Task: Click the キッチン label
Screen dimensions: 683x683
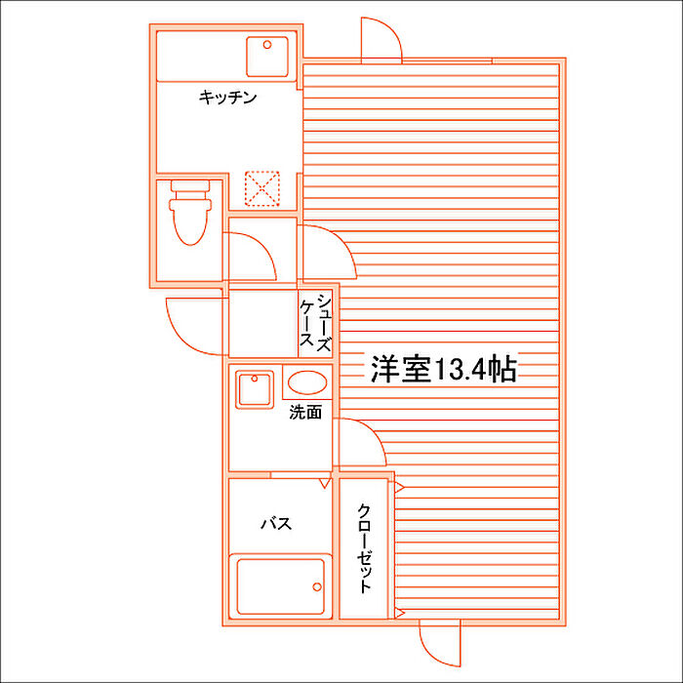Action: (227, 98)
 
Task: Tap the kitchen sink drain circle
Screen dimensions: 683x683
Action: (267, 45)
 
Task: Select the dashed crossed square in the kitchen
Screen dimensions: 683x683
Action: (261, 188)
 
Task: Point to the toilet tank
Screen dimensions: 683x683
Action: (190, 185)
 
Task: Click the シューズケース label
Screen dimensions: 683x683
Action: (315, 322)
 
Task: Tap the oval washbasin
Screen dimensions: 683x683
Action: (307, 382)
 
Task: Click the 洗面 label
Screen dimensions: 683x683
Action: (305, 412)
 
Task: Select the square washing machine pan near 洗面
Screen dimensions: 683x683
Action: (255, 389)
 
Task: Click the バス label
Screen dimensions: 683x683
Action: (276, 523)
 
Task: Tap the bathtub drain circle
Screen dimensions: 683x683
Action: (317, 586)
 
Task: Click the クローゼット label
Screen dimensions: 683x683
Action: (364, 548)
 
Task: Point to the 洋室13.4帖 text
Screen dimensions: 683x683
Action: (443, 370)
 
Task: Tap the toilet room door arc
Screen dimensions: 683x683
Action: (264, 246)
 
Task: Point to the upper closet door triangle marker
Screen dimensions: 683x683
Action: (398, 488)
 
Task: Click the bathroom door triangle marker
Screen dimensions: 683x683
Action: (325, 483)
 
